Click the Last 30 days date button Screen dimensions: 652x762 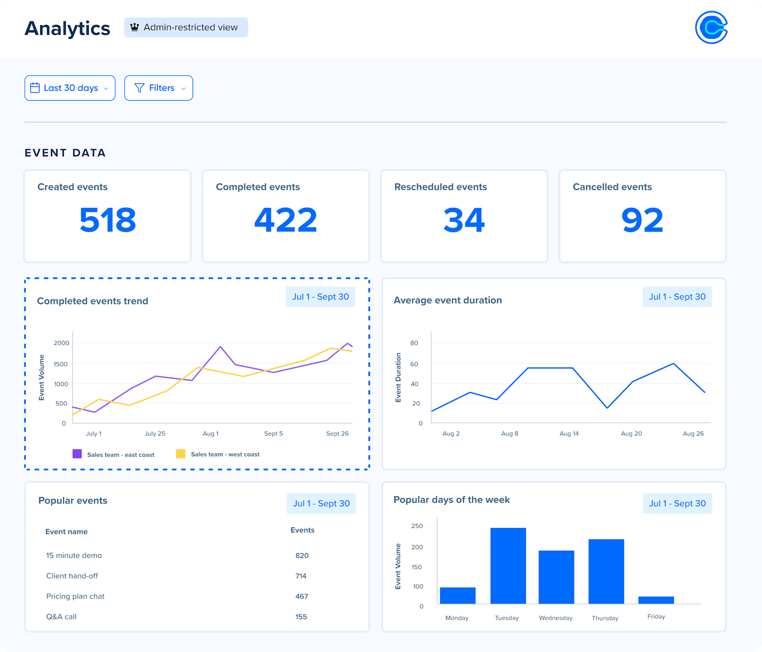tap(70, 88)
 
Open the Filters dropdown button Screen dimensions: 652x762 tap(159, 88)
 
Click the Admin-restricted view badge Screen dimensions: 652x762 tap(186, 27)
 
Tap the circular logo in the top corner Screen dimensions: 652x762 tap(711, 27)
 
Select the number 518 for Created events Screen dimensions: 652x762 tap(108, 220)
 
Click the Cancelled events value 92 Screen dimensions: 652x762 tap(642, 220)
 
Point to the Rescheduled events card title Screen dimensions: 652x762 tap(440, 187)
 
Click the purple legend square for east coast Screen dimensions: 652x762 tap(77, 454)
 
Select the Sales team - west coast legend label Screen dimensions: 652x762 tap(225, 454)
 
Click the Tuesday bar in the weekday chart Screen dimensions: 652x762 tap(508, 566)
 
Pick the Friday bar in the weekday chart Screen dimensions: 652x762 tap(656, 600)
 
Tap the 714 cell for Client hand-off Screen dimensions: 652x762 tap(301, 576)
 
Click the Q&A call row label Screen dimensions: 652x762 tap(62, 617)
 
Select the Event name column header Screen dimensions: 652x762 tap(66, 531)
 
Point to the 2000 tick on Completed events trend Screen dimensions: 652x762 tap(62, 343)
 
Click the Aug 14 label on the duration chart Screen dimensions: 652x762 tap(569, 434)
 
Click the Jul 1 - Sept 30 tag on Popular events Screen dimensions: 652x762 tap(321, 503)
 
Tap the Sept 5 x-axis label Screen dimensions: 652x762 tap(273, 434)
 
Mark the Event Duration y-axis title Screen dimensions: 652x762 tap(398, 377)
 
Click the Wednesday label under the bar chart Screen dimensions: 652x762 tap(556, 618)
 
